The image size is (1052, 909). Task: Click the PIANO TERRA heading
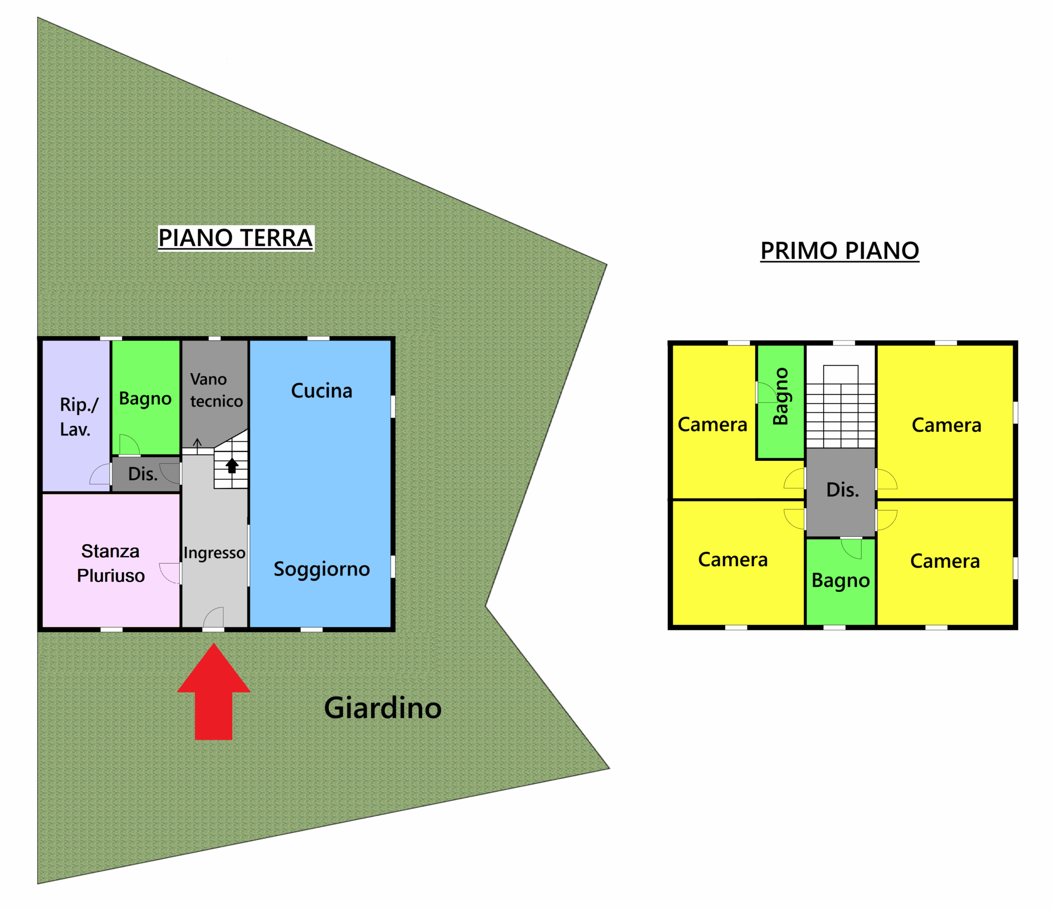(x=235, y=238)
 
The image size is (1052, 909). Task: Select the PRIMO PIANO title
(x=839, y=251)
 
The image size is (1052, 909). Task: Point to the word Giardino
(x=383, y=708)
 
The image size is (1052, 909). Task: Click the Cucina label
(x=321, y=391)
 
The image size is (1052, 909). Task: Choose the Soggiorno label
(x=321, y=569)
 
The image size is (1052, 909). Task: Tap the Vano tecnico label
(x=216, y=390)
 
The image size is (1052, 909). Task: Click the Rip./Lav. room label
(x=78, y=417)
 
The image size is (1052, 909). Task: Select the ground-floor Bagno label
(x=145, y=398)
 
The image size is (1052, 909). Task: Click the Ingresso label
(x=214, y=553)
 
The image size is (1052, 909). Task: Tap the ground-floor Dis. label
(x=143, y=474)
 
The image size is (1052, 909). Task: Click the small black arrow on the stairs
(x=232, y=465)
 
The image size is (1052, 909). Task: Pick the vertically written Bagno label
(x=780, y=396)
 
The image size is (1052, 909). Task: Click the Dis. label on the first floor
(x=842, y=490)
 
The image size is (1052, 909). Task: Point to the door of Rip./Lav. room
(x=101, y=474)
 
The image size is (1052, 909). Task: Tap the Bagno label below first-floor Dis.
(x=840, y=580)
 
